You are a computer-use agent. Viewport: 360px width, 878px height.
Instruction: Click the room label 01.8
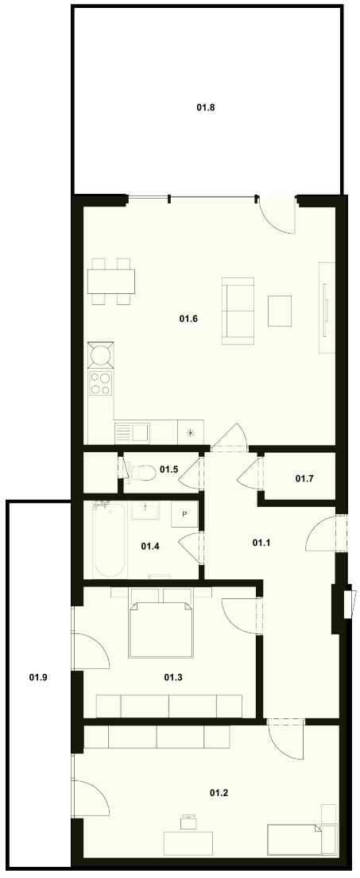pos(206,106)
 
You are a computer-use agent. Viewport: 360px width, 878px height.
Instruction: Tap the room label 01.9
pos(38,677)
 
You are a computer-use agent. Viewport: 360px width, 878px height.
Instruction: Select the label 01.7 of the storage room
pos(304,478)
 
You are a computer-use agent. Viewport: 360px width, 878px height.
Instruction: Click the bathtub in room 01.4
pos(109,540)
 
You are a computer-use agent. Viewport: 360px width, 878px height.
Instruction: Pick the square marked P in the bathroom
pos(184,513)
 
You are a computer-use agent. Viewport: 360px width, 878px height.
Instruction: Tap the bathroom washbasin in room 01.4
pos(145,511)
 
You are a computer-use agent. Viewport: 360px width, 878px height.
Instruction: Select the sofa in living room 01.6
pos(238,310)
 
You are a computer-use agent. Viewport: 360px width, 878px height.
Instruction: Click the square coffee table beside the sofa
pos(280,311)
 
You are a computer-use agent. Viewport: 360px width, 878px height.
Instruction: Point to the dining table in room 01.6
pos(111,281)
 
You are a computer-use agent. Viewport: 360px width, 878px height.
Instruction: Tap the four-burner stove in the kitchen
pos(101,384)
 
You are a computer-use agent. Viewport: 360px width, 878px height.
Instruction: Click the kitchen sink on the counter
pos(132,433)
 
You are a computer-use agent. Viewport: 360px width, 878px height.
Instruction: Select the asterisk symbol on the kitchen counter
pos(191,432)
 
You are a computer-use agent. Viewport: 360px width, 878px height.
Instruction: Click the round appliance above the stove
pos(101,355)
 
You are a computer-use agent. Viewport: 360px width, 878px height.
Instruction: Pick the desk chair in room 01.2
pos(188,823)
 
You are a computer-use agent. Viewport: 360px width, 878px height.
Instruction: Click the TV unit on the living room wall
pos(327,307)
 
